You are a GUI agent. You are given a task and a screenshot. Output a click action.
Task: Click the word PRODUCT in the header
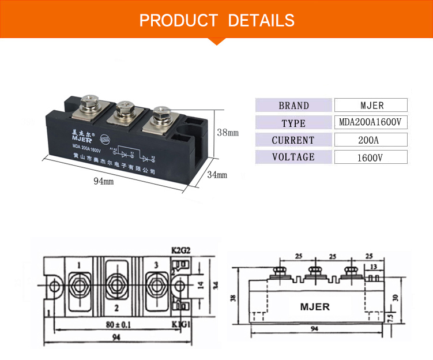(x=179, y=21)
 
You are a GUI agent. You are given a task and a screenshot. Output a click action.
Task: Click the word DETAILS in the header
(x=261, y=21)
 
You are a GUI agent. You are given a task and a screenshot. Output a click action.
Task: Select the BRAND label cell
(x=293, y=106)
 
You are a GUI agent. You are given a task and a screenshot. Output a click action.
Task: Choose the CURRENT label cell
(x=293, y=140)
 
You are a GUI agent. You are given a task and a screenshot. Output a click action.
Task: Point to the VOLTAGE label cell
(x=293, y=157)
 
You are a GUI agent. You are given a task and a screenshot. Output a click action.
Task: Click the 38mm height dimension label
(x=227, y=132)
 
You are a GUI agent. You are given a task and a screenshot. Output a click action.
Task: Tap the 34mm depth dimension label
(x=217, y=174)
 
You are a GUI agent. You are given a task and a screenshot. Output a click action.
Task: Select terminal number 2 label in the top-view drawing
(x=116, y=307)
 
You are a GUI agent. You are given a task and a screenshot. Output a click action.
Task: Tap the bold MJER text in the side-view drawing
(x=315, y=306)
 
